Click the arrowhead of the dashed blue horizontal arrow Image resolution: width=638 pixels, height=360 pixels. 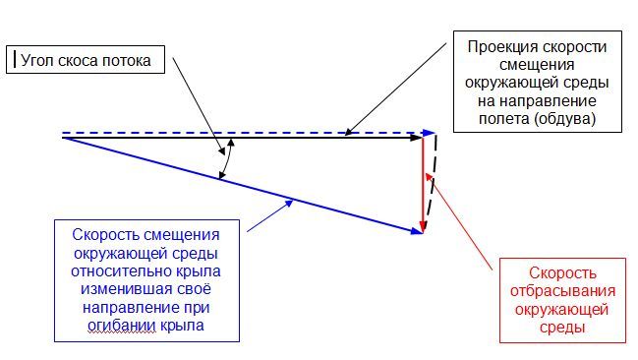coord(430,132)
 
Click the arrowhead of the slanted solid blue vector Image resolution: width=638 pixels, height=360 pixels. coord(417,231)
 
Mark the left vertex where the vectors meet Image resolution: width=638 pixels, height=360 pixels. coord(63,137)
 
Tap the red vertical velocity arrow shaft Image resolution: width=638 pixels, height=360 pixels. coord(423,182)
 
